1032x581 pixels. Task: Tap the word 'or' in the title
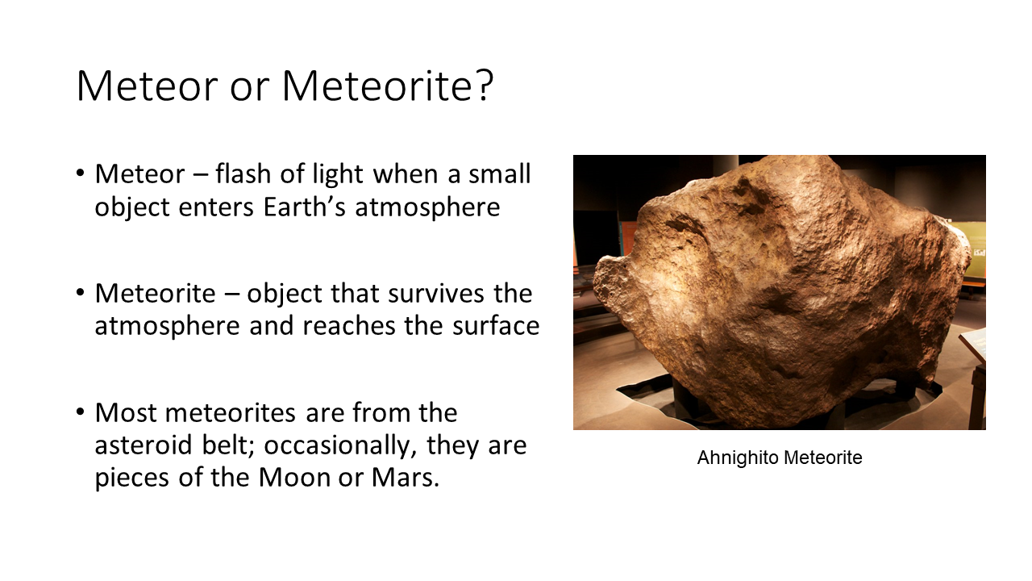coord(249,90)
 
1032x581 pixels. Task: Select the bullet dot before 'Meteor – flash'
coord(81,173)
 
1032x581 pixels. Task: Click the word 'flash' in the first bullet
coord(243,173)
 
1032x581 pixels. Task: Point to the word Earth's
coord(304,206)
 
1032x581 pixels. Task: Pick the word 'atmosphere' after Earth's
coord(427,207)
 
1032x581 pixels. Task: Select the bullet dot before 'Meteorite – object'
coord(81,292)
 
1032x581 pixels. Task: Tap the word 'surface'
coord(496,325)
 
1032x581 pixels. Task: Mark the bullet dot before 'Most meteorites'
coord(81,412)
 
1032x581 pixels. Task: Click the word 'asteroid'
coord(143,445)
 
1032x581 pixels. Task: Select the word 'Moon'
coord(294,477)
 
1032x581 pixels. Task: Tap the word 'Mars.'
coord(406,477)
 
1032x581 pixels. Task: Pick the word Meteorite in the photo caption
coord(823,458)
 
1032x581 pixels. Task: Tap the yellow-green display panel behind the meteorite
coord(972,249)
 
